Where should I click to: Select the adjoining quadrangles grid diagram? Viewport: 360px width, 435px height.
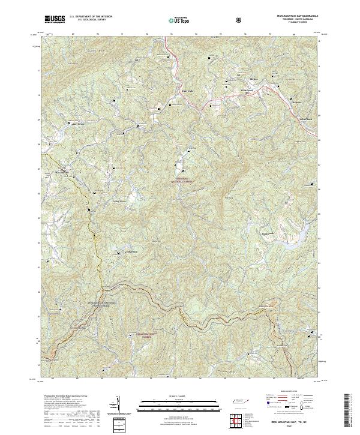pos(235,420)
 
